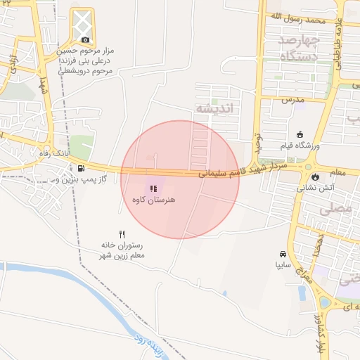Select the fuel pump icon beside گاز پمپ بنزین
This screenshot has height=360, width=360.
pos(82,169)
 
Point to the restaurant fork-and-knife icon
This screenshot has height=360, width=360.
pos(122,233)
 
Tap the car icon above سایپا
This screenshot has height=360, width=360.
pos(283,254)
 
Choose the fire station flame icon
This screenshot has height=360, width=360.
pos(314,176)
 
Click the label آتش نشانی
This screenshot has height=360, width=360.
pos(312,188)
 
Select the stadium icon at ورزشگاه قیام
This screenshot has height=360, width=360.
pos(300,134)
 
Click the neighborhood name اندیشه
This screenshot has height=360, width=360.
pos(212,109)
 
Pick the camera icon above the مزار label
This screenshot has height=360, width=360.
pos(86,40)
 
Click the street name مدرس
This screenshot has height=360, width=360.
pos(292,100)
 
